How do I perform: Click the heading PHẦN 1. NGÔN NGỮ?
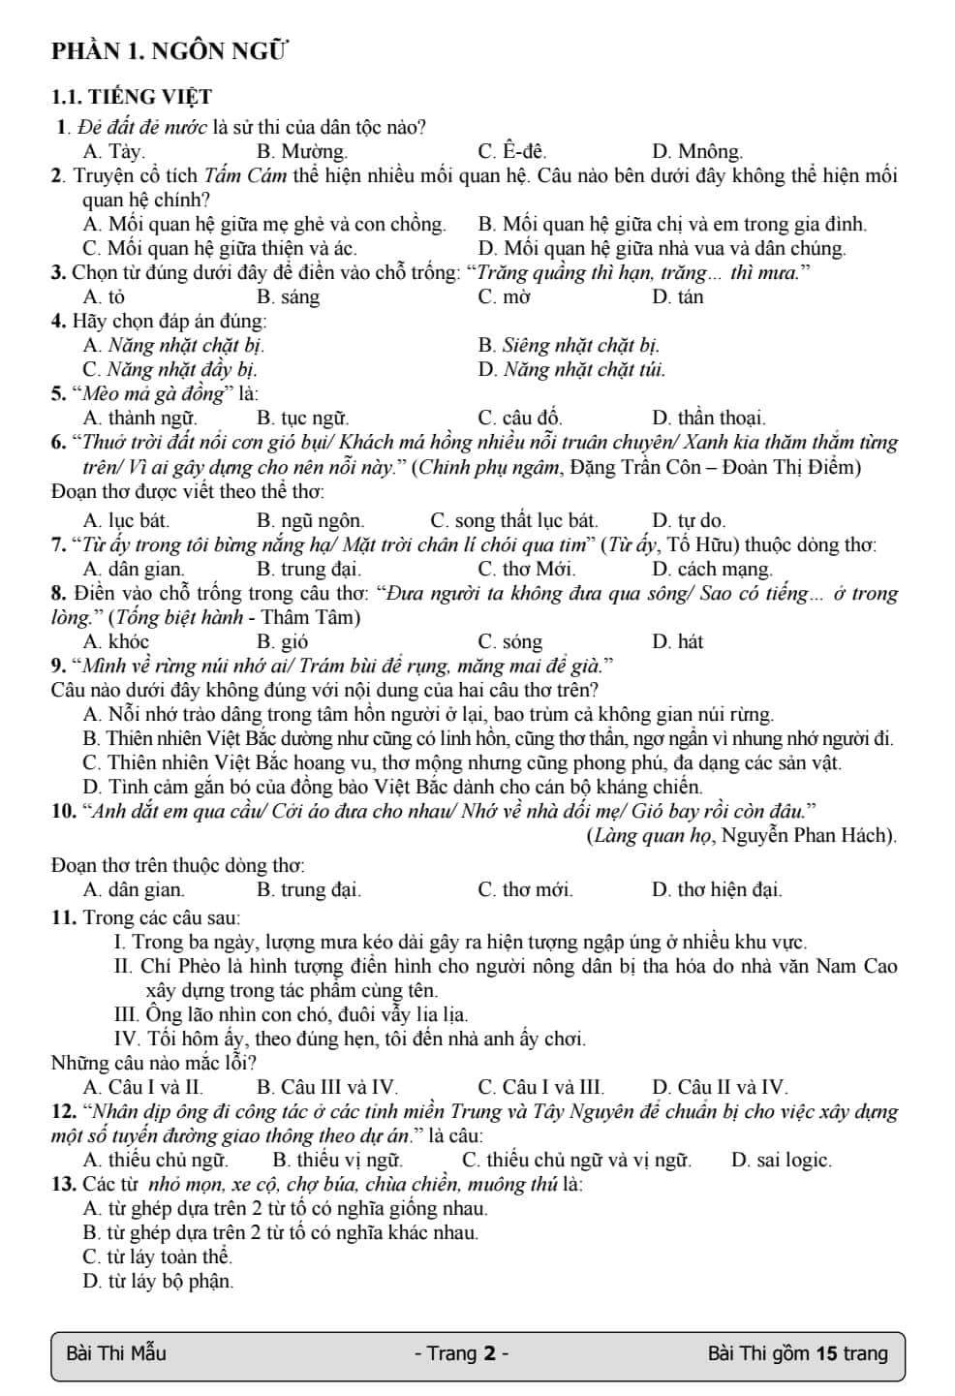click(170, 51)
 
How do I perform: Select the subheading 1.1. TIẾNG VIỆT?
click(131, 97)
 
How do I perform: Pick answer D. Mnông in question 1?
click(697, 151)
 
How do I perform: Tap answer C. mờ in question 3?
click(504, 296)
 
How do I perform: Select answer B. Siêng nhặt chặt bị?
click(570, 345)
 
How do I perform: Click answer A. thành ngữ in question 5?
click(140, 418)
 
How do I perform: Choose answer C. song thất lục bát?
click(513, 520)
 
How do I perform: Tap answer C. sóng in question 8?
click(510, 641)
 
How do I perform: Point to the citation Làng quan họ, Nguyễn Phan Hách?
click(741, 835)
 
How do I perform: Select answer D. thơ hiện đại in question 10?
click(717, 888)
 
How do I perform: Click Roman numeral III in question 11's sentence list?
click(127, 1014)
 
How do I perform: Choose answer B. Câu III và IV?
click(327, 1087)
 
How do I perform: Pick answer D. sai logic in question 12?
click(781, 1160)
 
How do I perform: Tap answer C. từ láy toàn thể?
click(158, 1256)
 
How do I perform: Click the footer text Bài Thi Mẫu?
click(115, 1352)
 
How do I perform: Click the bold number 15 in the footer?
click(826, 1352)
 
